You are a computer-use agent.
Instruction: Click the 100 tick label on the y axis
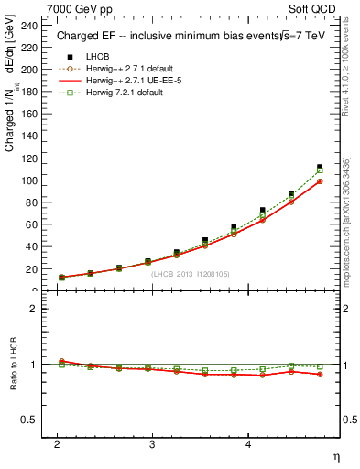tap(32, 180)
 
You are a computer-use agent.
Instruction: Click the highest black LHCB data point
tap(320, 167)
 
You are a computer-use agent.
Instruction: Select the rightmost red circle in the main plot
tap(320, 181)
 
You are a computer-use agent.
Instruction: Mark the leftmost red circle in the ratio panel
tap(62, 361)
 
